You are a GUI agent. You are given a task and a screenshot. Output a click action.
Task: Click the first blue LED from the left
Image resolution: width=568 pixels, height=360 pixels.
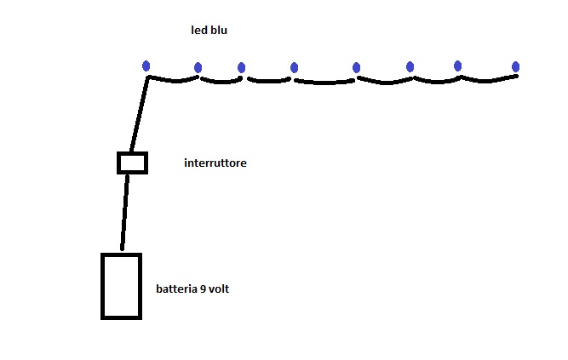click(146, 66)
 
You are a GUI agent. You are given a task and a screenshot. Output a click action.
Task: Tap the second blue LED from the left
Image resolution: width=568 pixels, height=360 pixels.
click(198, 68)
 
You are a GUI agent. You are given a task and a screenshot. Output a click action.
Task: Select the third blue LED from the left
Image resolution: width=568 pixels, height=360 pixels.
click(241, 68)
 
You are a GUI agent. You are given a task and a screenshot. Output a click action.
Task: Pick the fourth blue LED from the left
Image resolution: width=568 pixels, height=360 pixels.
click(294, 67)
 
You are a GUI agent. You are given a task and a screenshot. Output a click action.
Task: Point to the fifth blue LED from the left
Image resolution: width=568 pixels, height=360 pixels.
click(356, 67)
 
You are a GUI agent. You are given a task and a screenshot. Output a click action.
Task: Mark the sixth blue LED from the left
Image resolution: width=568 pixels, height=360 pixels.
click(410, 66)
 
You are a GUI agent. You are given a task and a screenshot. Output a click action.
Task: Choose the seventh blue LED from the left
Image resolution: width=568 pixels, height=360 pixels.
click(457, 66)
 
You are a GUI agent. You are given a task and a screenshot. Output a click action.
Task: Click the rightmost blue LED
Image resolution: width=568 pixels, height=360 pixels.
click(516, 66)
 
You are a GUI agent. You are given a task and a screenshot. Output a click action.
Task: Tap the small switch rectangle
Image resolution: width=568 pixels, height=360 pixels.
click(132, 163)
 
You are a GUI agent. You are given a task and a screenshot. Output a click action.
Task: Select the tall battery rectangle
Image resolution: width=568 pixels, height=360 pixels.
click(121, 286)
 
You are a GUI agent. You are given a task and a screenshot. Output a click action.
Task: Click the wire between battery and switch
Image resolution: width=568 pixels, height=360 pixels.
click(125, 213)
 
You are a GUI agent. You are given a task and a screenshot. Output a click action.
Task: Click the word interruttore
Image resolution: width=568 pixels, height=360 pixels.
click(215, 163)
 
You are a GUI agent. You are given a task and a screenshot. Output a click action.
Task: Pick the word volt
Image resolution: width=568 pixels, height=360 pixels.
click(219, 289)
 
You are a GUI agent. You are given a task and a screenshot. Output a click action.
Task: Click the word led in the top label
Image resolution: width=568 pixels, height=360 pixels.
click(198, 31)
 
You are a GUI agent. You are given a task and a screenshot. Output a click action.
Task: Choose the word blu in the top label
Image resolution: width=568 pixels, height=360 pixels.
click(218, 31)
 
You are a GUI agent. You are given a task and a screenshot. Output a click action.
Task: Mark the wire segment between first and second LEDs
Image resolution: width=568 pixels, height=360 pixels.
click(174, 81)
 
